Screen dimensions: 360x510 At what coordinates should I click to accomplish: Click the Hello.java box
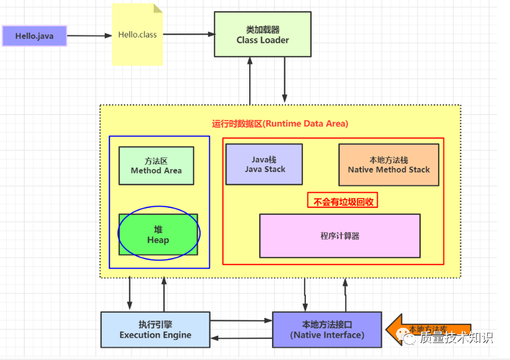35,36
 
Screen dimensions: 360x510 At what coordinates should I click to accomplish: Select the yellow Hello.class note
137,35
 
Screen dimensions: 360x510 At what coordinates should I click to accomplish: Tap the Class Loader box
263,35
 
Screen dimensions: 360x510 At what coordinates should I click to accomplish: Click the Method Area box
156,166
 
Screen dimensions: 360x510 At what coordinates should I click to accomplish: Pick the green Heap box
158,234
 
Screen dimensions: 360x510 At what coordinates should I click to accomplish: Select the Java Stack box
264,164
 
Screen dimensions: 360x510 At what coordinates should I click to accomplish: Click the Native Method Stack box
388,164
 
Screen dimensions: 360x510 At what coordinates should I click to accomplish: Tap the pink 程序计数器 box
339,236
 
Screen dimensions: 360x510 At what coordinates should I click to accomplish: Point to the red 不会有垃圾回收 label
343,201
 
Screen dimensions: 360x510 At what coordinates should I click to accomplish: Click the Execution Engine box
155,330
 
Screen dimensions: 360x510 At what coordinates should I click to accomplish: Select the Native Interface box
327,330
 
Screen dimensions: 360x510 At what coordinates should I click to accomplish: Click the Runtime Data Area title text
280,124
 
